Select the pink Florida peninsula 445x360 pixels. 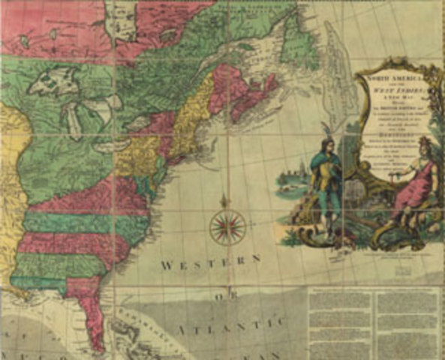[x=94, y=315]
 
